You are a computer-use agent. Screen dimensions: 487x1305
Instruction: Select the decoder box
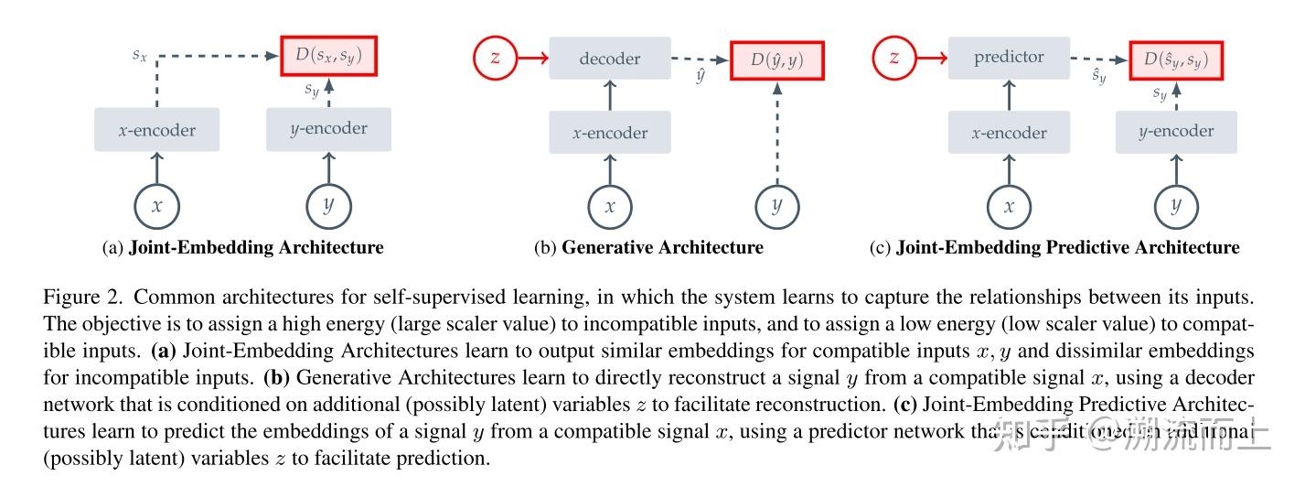coord(610,59)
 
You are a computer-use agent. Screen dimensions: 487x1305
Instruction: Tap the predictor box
coord(1009,57)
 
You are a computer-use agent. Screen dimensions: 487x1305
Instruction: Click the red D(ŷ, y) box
coord(776,60)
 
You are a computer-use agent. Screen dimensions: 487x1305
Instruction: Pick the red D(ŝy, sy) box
coord(1175,60)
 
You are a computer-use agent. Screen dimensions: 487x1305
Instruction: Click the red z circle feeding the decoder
coord(496,59)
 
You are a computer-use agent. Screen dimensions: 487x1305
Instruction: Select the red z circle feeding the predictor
coord(893,59)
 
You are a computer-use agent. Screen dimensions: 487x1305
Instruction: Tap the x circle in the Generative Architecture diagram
coord(610,206)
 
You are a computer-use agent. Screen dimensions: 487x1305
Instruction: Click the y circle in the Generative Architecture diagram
coord(776,206)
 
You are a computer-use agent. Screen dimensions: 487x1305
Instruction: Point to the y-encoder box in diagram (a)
coord(328,129)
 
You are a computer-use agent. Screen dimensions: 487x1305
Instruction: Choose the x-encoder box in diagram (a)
coord(157,130)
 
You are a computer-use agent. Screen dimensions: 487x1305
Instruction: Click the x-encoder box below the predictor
coord(1009,133)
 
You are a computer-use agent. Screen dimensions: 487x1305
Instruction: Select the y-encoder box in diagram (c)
coord(1176,131)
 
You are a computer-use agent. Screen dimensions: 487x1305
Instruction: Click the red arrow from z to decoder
coord(533,59)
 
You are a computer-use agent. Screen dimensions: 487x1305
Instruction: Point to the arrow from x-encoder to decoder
coord(610,96)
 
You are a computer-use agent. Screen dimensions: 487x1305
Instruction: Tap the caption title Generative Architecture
coord(662,247)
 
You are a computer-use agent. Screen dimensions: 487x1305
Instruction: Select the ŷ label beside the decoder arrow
coord(701,76)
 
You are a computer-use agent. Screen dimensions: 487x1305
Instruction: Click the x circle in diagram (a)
coord(157,206)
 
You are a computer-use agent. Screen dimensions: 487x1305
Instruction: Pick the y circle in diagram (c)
coord(1176,206)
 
